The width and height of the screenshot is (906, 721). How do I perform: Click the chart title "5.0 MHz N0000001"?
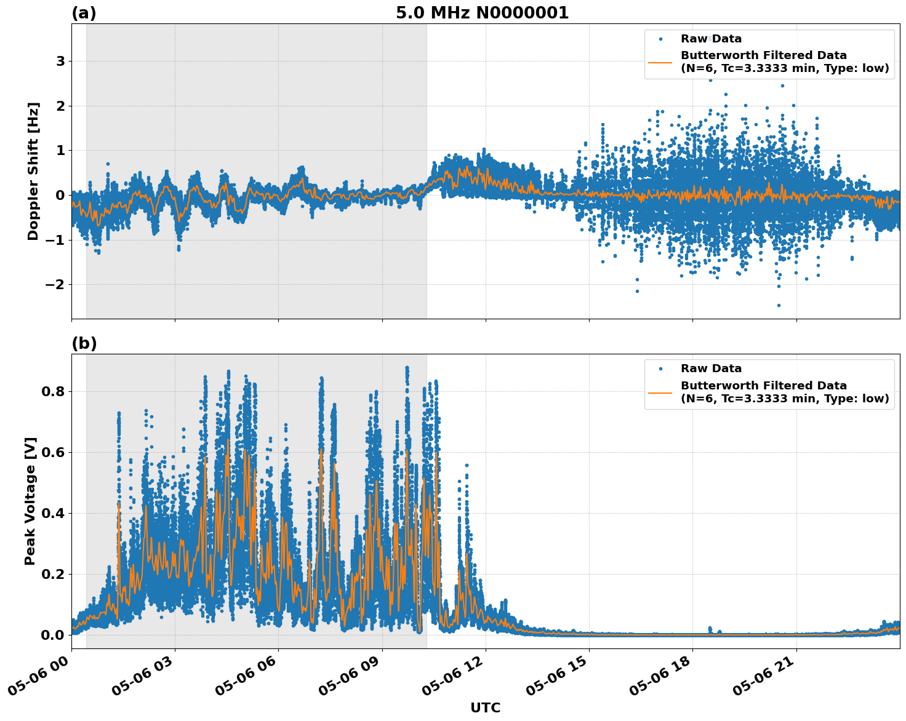[x=482, y=13]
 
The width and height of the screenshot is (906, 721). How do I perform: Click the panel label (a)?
[x=84, y=13]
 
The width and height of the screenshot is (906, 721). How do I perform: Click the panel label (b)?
[x=84, y=343]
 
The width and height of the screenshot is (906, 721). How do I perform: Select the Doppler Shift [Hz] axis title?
[x=33, y=171]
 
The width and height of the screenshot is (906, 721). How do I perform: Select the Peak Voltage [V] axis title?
[x=30, y=501]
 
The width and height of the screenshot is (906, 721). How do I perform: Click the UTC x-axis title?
[x=485, y=707]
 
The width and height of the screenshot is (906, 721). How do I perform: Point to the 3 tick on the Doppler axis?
[x=60, y=62]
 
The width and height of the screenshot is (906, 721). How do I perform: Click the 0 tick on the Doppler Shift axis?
[x=60, y=196]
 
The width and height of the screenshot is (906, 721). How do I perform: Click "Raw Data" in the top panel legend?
[x=711, y=39]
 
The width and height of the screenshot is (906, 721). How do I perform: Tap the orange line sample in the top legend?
[x=660, y=62]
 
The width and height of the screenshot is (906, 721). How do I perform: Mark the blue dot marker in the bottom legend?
[x=660, y=369]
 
